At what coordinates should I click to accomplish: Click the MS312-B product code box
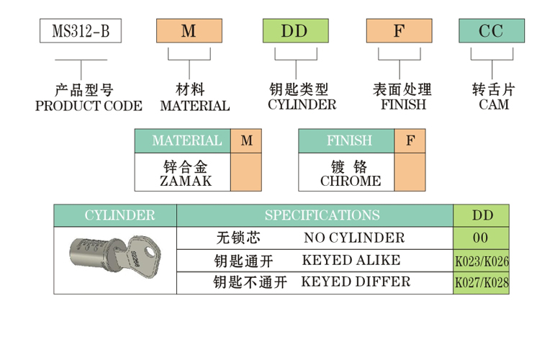80,32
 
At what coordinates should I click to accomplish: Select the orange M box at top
189,32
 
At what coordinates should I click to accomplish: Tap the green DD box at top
294,32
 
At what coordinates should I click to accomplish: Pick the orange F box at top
399,32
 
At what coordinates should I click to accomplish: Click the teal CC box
492,32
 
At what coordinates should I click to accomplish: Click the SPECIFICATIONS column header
322,215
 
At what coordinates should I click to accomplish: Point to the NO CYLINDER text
354,238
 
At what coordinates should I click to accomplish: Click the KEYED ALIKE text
351,260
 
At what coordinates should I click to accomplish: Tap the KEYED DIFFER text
356,282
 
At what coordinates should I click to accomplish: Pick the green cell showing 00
480,238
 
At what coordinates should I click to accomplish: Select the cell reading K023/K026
481,261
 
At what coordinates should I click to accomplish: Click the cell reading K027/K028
481,283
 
